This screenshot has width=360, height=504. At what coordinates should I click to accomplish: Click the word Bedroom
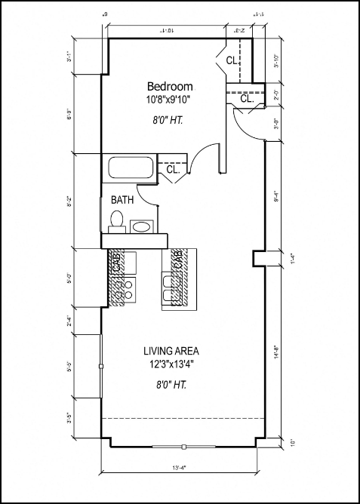pos(170,86)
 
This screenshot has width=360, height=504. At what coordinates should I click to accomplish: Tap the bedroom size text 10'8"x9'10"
pos(170,99)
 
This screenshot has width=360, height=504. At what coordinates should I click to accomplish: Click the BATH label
pos(123,200)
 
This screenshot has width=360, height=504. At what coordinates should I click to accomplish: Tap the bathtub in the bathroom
pos(131,168)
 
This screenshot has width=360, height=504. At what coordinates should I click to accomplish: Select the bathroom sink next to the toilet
pos(141,226)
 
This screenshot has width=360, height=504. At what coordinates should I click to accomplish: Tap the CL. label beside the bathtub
pos(173,170)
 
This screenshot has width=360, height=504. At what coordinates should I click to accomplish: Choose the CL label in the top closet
pos(232,60)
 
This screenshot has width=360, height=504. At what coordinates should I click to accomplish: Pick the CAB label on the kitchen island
pos(179,260)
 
